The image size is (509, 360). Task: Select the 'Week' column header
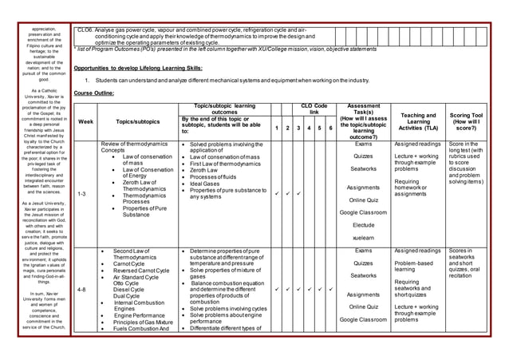pos(85,122)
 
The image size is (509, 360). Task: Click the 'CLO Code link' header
pos(314,109)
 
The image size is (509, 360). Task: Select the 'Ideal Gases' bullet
pos(209,184)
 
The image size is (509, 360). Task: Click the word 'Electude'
pos(364,224)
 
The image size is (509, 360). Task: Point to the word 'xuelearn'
pos(364,237)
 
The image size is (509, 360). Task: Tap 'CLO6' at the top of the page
pos(85,29)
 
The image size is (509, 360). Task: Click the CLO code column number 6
pos(330,127)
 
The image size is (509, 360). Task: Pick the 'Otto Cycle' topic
pos(126,282)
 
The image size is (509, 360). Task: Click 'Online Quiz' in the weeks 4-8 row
pos(364,307)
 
